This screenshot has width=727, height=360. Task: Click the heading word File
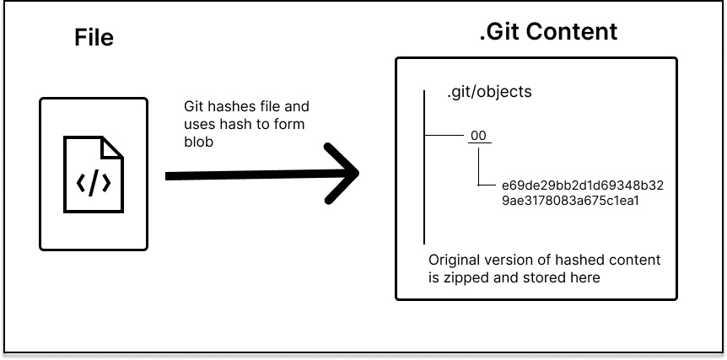click(94, 38)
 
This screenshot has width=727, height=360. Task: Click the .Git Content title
click(547, 32)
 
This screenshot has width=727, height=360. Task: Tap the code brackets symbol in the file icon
click(94, 181)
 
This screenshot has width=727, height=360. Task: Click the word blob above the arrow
click(200, 142)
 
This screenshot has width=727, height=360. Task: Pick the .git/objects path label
click(489, 92)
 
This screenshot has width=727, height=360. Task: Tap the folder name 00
click(478, 136)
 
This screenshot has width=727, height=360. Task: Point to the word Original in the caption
click(456, 260)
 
